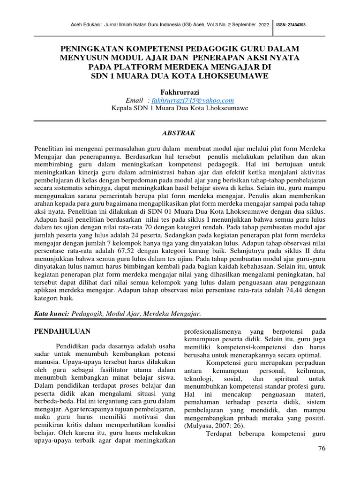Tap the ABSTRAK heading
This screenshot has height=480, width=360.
tap(180, 133)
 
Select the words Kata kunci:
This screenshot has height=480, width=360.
tap(52, 313)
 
